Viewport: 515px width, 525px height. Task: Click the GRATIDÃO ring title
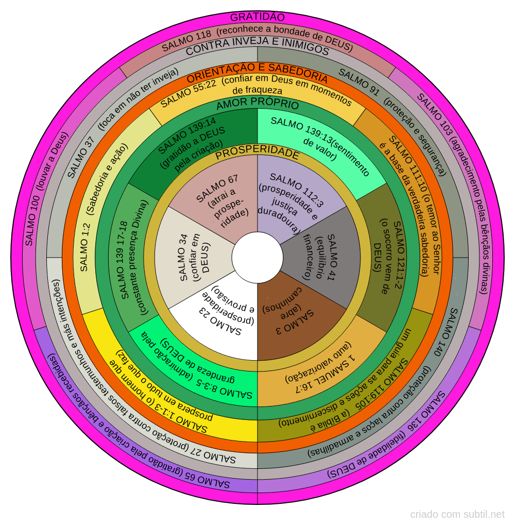pyautogui.click(x=257, y=17)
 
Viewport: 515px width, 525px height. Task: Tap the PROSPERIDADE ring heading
pyautogui.click(x=257, y=154)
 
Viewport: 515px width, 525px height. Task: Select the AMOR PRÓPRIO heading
pyautogui.click(x=257, y=105)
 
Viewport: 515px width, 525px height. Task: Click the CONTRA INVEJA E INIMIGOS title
pyautogui.click(x=257, y=50)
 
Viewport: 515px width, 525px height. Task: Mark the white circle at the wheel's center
pyautogui.click(x=257, y=257)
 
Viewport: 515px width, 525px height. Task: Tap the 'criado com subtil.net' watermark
pyautogui.click(x=457, y=514)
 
